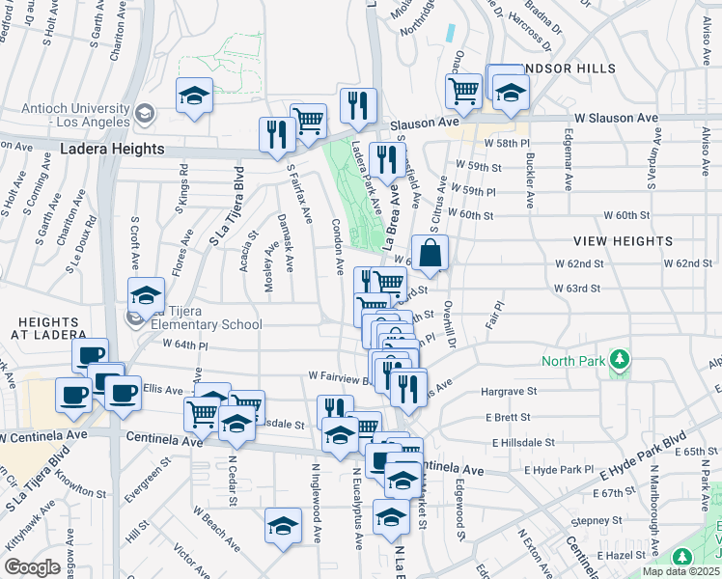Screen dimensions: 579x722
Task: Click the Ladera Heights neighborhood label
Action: [112, 150]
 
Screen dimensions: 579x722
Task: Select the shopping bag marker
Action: [430, 254]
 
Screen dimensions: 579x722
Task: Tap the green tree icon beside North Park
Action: [622, 362]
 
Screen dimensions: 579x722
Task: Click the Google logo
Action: [32, 567]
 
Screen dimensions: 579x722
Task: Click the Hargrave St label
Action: [509, 392]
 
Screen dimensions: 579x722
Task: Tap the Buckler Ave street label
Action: [530, 179]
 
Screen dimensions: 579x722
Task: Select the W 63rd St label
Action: [577, 288]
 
